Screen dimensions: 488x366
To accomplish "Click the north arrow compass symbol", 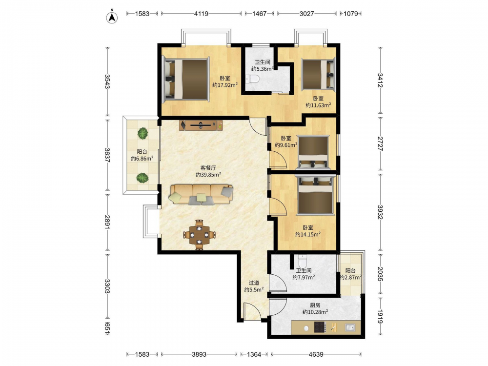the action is [x=112, y=18].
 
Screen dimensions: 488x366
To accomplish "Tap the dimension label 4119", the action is [x=201, y=14].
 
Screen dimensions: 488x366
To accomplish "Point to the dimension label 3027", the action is [x=306, y=14].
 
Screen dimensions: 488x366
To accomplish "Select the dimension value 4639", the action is [x=316, y=354].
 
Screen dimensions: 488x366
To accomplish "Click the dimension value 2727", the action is [x=380, y=143].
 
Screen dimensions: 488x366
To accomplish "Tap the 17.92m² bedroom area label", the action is [x=225, y=85].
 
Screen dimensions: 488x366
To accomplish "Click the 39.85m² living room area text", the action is [x=208, y=175].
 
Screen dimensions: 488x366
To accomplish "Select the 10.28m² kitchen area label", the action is [x=315, y=312].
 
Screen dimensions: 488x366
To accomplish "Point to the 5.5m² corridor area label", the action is [x=254, y=290].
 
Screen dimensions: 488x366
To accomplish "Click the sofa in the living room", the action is [x=201, y=195].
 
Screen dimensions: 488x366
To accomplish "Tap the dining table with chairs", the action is [x=199, y=235].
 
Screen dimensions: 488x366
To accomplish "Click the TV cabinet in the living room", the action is [x=201, y=125].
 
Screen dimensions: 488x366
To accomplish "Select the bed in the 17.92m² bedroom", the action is [x=186, y=79].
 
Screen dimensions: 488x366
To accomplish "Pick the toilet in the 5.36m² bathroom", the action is [x=252, y=80].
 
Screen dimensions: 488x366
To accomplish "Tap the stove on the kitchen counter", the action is [x=320, y=327].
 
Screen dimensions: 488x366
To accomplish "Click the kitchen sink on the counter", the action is [x=350, y=327].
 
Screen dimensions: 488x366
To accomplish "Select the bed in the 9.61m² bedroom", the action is [x=313, y=152].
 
